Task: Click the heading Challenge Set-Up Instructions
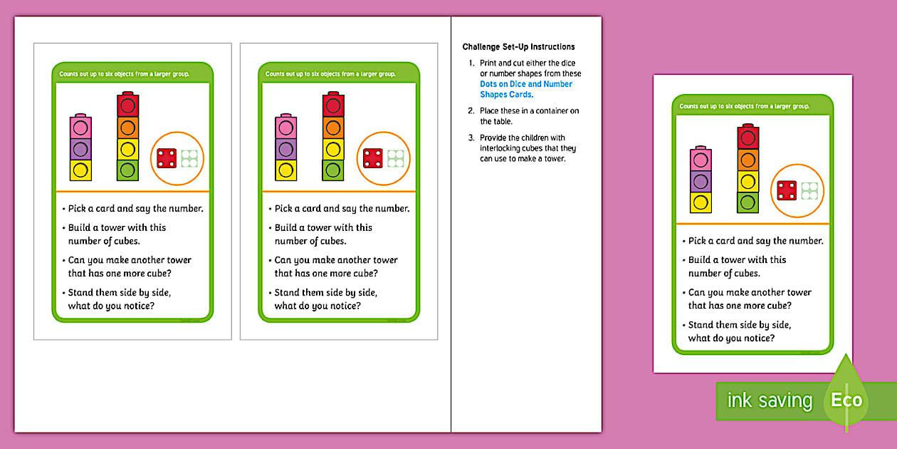518,47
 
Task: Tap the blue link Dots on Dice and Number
525,84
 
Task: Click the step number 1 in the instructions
471,63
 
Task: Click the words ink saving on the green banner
769,401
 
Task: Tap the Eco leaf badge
846,396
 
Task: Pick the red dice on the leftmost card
167,158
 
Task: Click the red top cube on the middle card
332,106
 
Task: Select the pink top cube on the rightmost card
701,160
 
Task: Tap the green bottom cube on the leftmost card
127,170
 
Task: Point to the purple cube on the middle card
286,149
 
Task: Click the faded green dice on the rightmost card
809,190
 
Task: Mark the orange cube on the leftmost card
127,128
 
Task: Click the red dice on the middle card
372,158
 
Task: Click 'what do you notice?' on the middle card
318,306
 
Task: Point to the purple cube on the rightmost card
701,182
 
